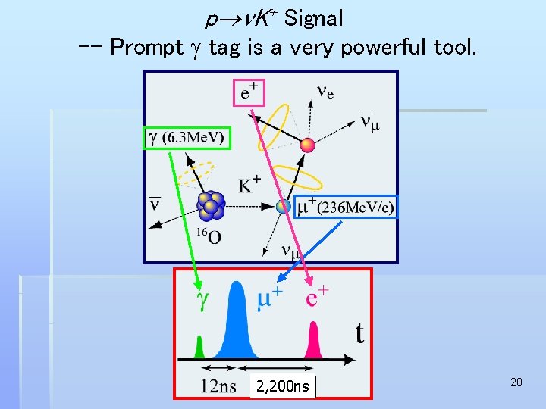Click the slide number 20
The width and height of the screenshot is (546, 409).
[x=516, y=382]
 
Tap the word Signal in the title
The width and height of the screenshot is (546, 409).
[x=313, y=17]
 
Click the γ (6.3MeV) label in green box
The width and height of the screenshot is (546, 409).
[x=187, y=137]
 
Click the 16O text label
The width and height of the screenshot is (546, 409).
[x=209, y=236]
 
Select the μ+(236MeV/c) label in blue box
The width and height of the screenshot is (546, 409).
[x=345, y=206]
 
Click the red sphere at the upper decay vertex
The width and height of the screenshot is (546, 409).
[x=307, y=145]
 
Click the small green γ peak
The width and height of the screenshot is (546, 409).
[x=200, y=348]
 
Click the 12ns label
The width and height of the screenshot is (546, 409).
[x=218, y=387]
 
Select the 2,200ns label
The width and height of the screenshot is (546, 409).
[x=282, y=387]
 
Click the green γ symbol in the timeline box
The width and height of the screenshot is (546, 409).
[x=202, y=301]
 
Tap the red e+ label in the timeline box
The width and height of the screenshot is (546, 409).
[x=316, y=297]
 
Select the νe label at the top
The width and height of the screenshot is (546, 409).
[x=325, y=92]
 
